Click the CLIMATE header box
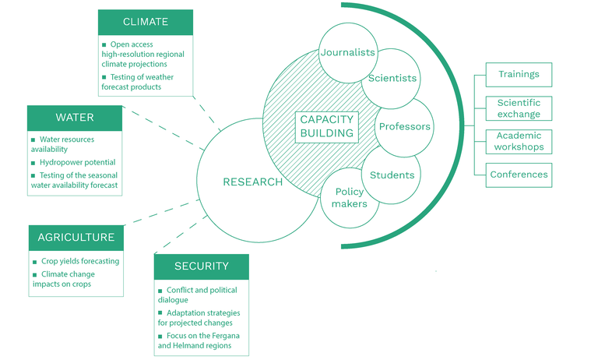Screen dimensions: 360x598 [146, 22]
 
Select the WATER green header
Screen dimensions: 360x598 [75, 118]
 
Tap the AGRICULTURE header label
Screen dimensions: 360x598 [76, 237]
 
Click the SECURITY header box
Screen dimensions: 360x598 [202, 266]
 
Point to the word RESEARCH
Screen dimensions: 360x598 [253, 182]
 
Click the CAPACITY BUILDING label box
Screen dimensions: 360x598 [326, 126]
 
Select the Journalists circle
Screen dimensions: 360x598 [348, 53]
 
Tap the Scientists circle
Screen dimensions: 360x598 [392, 78]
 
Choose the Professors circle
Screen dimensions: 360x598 [403, 126]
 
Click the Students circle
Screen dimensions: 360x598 [392, 175]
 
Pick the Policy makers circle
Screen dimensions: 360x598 [350, 198]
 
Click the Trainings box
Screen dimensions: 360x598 [519, 75]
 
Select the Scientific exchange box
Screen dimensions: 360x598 [519, 108]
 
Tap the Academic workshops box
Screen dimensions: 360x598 [519, 141]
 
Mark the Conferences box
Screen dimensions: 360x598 [519, 175]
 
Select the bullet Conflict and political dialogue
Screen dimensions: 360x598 [201, 295]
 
